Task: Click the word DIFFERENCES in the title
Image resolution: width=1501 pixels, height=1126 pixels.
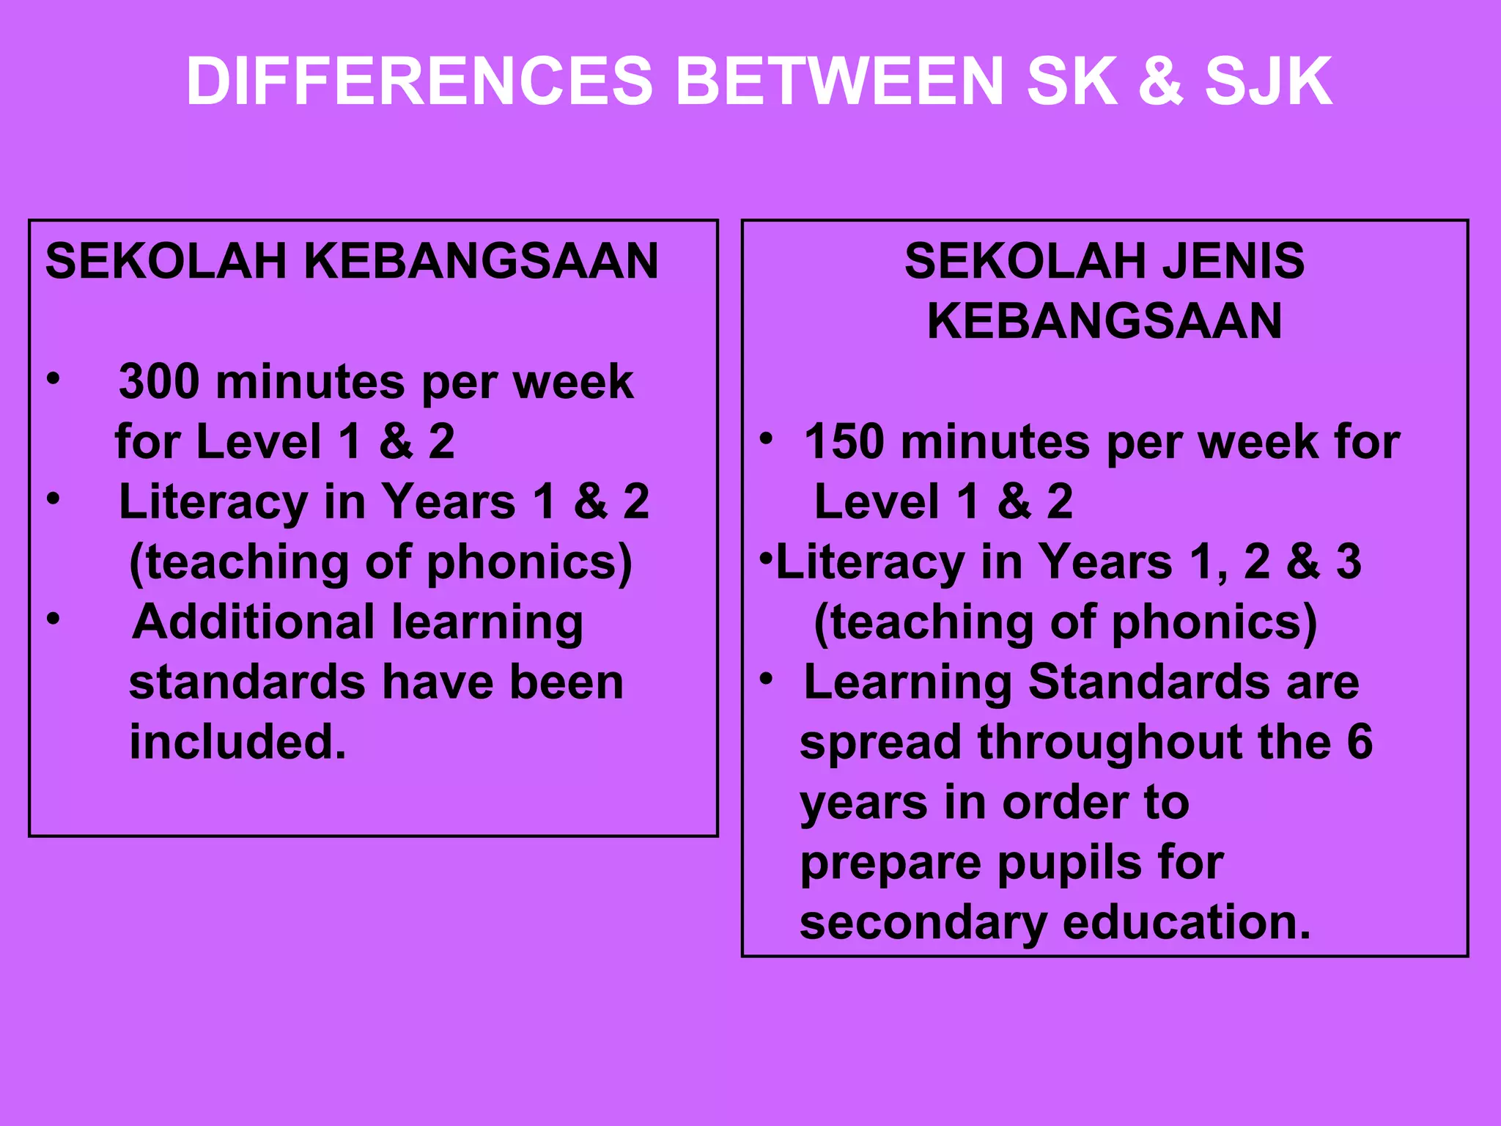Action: (x=419, y=81)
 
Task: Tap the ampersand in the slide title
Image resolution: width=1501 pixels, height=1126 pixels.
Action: (x=1160, y=81)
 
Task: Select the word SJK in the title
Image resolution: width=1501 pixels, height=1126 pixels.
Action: (x=1269, y=81)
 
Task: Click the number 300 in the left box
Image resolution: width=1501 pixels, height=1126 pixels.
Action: (x=159, y=382)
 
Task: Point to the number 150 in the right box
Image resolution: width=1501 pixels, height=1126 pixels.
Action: (x=844, y=442)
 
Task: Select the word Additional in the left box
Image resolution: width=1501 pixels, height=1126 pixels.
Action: (x=254, y=622)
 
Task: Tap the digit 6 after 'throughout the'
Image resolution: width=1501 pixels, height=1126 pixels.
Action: (x=1360, y=742)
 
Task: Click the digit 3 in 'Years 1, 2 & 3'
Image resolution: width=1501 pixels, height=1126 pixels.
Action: (x=1349, y=562)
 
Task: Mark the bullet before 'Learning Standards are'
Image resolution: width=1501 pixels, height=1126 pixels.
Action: (x=766, y=679)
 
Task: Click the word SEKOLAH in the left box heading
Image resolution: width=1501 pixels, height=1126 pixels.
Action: (x=166, y=261)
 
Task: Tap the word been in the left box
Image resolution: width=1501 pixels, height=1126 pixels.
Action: (x=566, y=682)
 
